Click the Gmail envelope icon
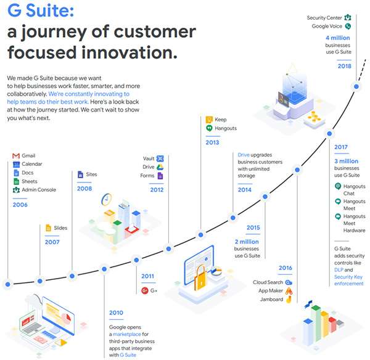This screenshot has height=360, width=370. (16, 155)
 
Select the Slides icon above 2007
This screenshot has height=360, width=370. (47, 228)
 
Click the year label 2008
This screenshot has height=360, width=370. (84, 189)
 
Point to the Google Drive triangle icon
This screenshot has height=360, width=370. (160, 167)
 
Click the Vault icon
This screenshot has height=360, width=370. (160, 158)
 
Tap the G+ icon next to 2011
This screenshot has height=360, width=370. (144, 290)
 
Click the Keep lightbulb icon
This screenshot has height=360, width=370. (210, 119)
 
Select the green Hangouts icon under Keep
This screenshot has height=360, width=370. (210, 128)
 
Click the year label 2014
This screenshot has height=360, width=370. (245, 190)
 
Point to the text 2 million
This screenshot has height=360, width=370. (247, 241)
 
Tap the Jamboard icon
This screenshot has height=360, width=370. (289, 300)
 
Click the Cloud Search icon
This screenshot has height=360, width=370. (289, 282)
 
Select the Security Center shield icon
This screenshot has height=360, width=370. (348, 18)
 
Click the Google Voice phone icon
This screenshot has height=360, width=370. (348, 27)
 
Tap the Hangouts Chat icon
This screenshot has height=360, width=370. (337, 186)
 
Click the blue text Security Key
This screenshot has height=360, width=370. (348, 277)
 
